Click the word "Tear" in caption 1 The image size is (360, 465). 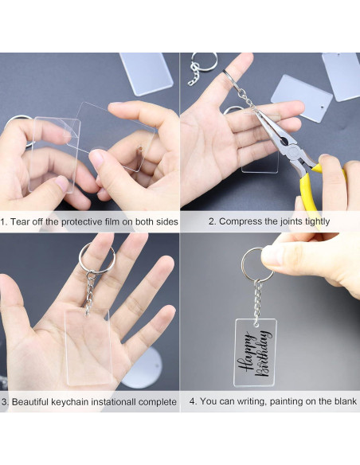pyautogui.click(x=20, y=221)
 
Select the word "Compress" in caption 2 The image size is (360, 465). pyautogui.click(x=238, y=221)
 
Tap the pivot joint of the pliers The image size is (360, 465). pyautogui.click(x=292, y=150)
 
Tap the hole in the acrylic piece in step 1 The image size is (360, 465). pyautogui.click(x=139, y=147)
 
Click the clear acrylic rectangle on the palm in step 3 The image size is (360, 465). pyautogui.click(x=88, y=346)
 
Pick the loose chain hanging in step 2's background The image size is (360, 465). pyautogui.click(x=194, y=75)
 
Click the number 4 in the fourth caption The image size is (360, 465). pyautogui.click(x=192, y=401)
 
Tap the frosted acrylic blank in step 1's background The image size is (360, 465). pyautogui.click(x=147, y=73)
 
